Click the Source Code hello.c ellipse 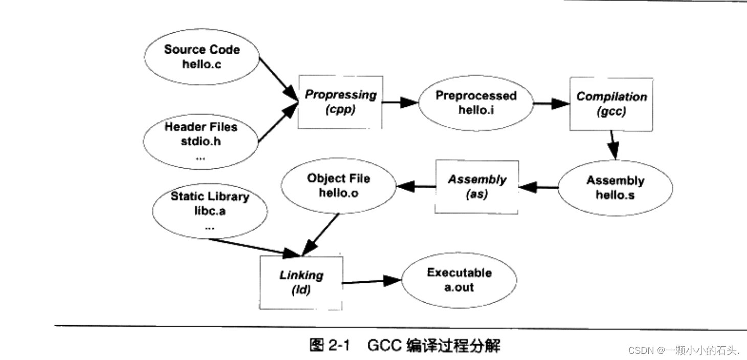click(x=202, y=57)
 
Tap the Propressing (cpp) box click(x=340, y=102)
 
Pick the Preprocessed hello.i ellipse click(x=476, y=102)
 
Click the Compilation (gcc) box click(x=611, y=104)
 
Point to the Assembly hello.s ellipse click(x=615, y=188)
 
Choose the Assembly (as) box click(x=476, y=187)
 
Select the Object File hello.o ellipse click(x=338, y=186)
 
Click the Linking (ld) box click(x=301, y=282)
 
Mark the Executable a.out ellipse click(x=458, y=280)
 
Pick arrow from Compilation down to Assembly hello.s click(x=612, y=145)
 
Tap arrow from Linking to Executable click(x=371, y=281)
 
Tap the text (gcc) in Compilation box click(x=611, y=111)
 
